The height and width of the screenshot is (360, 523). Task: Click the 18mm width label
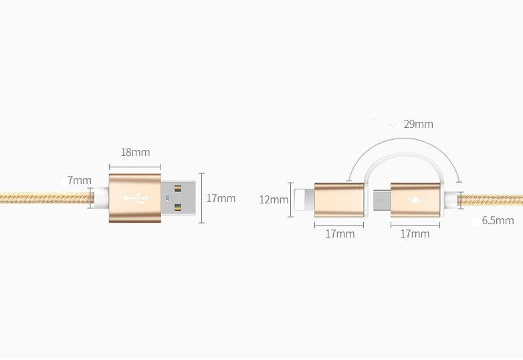135,152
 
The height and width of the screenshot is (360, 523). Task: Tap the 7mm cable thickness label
80,181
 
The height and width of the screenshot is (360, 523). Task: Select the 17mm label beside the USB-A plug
221,198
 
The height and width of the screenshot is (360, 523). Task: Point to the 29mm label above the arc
418,124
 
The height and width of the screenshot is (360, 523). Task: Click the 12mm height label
274,199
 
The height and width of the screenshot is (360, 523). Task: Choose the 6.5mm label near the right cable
498,220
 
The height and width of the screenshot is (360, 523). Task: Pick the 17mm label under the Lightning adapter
340,234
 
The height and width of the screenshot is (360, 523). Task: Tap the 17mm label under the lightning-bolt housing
415,234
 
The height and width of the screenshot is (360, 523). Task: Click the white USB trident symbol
136,199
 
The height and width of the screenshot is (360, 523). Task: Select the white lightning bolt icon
415,199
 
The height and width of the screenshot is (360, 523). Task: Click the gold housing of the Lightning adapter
340,199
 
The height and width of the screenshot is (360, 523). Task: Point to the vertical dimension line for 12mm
290,199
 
